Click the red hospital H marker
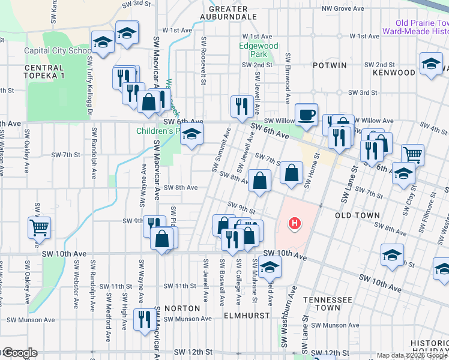click(x=294, y=224)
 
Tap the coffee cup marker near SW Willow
click(x=306, y=114)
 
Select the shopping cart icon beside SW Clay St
click(x=412, y=155)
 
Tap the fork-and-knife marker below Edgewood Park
click(x=241, y=106)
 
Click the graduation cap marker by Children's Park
click(x=192, y=134)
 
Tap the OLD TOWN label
click(x=357, y=215)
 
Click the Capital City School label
click(x=58, y=51)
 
